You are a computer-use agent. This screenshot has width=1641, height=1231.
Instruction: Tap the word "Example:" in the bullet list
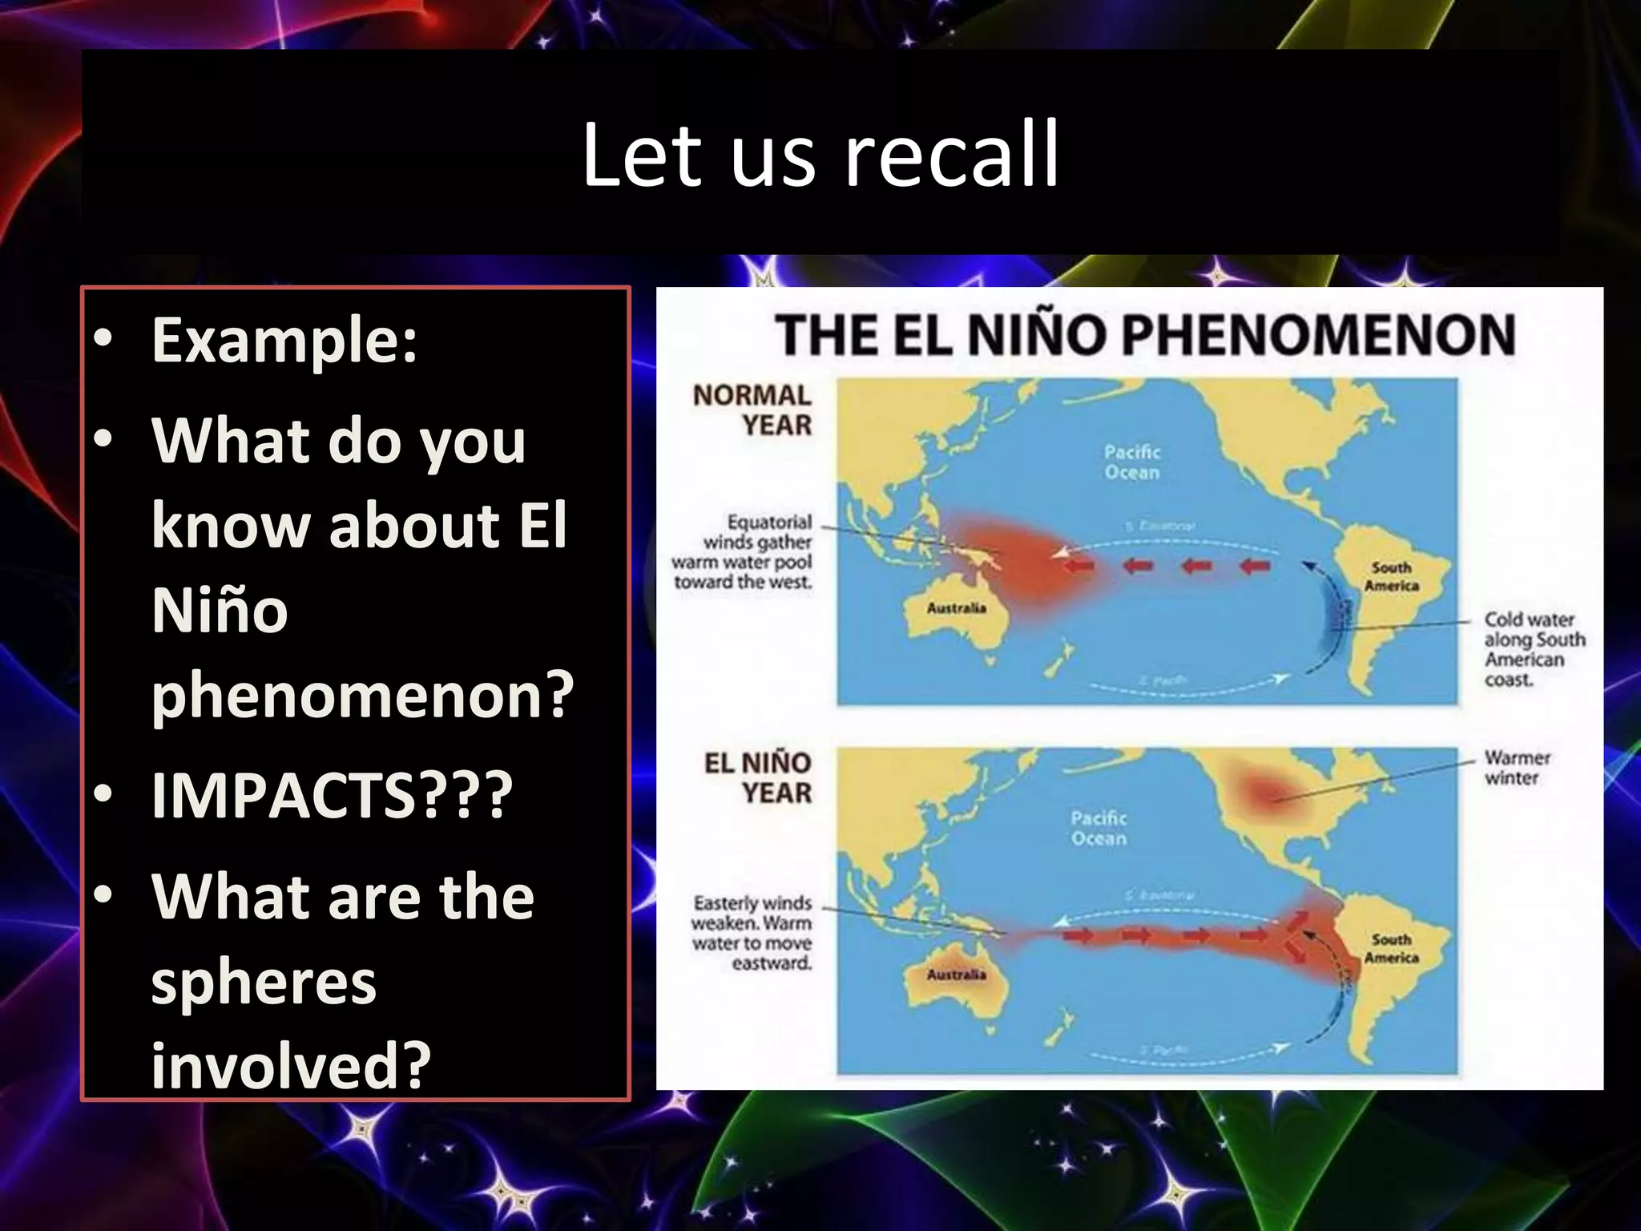coord(284,341)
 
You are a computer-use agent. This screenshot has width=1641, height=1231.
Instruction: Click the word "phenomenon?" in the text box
coord(362,694)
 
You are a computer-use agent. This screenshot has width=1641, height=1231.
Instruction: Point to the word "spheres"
coord(264,982)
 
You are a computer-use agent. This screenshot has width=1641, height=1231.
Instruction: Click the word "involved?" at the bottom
coord(291,1066)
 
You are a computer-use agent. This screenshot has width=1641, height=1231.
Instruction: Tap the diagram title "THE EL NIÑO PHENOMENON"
coord(1145,334)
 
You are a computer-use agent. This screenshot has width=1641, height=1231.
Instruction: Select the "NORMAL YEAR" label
coord(752,410)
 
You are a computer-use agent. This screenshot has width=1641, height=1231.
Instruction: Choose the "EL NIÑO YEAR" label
coord(758,777)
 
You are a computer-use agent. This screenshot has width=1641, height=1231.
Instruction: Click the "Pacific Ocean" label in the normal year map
coord(1132,462)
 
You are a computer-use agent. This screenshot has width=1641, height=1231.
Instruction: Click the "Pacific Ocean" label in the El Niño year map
coord(1099,828)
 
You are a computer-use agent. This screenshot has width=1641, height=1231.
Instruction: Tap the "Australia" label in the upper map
coord(957,608)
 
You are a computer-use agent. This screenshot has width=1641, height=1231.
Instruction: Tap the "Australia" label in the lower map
coord(957,975)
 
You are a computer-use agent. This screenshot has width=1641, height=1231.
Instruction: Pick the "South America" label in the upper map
coord(1392,576)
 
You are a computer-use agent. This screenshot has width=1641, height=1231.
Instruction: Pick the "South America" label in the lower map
coord(1392,948)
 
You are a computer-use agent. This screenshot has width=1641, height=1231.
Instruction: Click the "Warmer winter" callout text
coord(1517,768)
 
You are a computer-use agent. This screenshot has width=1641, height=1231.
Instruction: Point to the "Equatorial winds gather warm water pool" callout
coord(743,551)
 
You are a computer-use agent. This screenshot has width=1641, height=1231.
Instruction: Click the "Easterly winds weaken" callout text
coord(752,933)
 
